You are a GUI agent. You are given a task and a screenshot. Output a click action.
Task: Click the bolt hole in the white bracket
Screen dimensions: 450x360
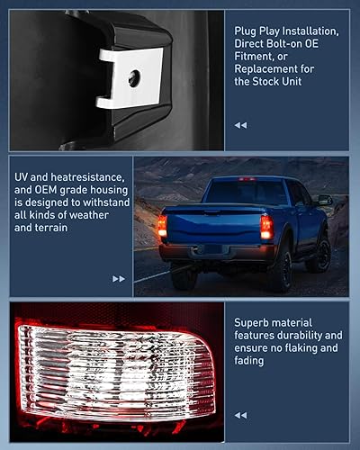tap(134, 77)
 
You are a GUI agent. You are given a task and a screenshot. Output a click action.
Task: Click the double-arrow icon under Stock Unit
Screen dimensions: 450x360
tap(240, 125)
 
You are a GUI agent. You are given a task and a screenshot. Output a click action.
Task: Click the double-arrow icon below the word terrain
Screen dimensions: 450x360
tap(119, 279)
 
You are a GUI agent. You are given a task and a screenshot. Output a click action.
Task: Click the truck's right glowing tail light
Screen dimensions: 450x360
tap(266, 227)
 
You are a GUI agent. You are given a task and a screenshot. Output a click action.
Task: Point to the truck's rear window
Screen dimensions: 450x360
tap(245, 193)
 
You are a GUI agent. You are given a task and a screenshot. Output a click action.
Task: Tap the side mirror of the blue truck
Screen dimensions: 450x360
tap(324, 200)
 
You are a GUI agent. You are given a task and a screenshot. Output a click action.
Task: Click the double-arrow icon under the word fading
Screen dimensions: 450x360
tap(240, 415)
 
